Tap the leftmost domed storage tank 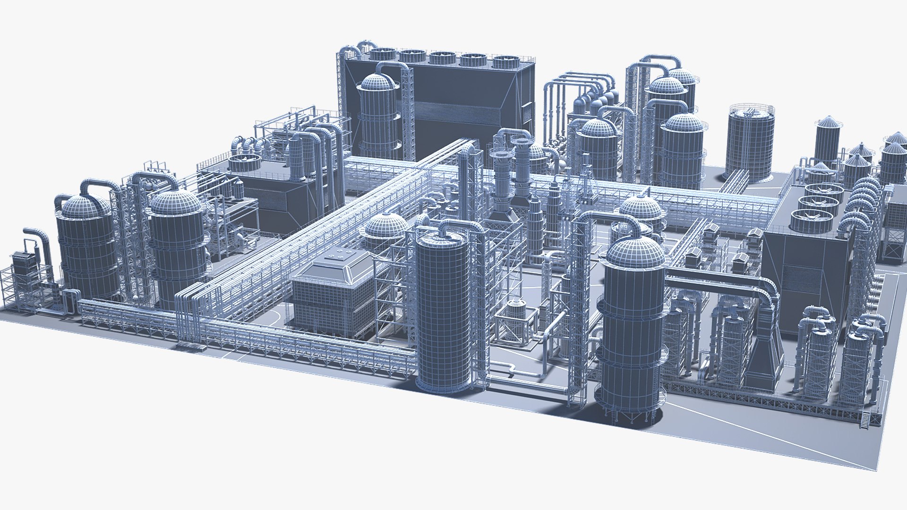click(88, 250)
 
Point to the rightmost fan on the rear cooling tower click(506, 62)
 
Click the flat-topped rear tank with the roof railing click(750, 142)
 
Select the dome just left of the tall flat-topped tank click(385, 227)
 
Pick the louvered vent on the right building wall click(794, 279)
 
